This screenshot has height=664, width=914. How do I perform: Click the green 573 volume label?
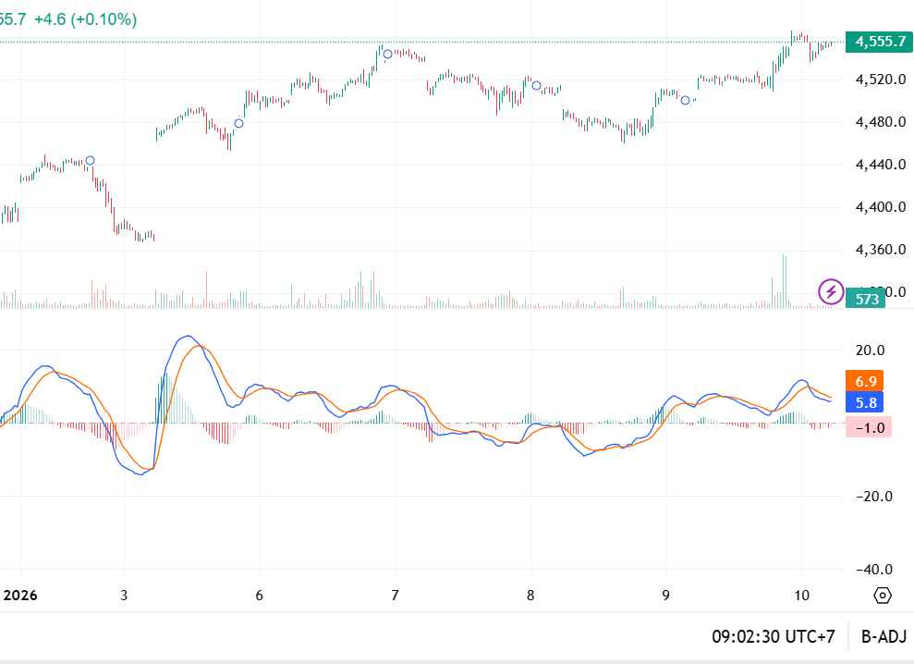866,299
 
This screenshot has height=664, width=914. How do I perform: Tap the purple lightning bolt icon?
831,292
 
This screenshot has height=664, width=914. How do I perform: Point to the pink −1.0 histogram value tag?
869,427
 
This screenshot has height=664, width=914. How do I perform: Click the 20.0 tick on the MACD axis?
870,350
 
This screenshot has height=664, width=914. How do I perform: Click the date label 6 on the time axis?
259,595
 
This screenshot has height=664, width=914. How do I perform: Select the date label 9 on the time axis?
665,595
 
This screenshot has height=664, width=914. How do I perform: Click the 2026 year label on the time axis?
18,595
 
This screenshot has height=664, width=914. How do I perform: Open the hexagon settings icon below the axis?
883,595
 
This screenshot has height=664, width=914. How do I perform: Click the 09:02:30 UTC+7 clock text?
774,637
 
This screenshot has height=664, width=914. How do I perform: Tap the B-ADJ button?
884,637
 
